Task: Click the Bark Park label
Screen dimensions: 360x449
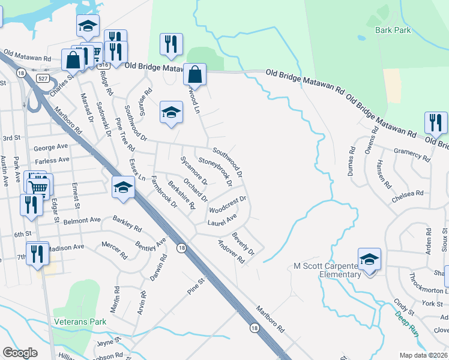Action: [393, 29]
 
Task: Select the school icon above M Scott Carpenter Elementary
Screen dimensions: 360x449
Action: [369, 259]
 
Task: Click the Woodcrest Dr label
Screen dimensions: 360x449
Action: [228, 204]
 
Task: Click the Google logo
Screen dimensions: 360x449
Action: [20, 352]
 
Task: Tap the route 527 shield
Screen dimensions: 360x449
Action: [41, 79]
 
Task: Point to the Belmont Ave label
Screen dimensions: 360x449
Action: [83, 220]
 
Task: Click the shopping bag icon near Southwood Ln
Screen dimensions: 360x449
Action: [194, 75]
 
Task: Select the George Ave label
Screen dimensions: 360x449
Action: [51, 146]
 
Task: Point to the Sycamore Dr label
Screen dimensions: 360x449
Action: [194, 171]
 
